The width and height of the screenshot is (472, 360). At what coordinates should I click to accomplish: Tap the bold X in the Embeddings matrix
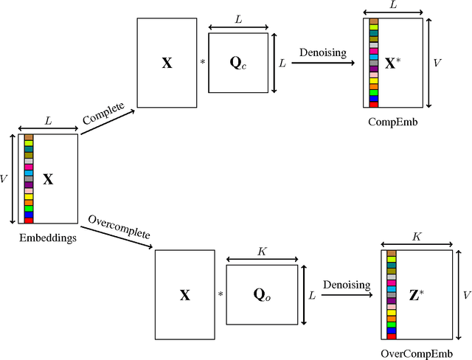point(49,179)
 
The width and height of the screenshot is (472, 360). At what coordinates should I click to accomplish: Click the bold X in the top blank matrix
point(167,63)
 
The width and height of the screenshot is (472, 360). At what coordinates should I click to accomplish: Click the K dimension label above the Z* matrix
point(417,237)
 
